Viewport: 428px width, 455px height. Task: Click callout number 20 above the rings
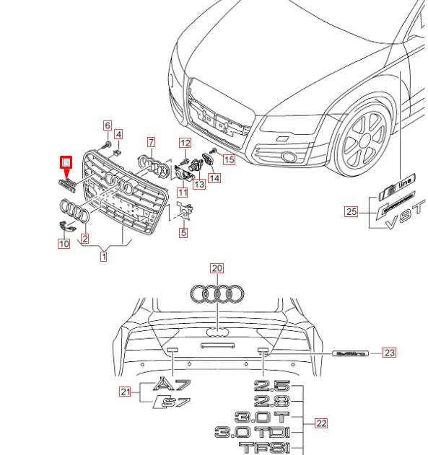point(217,268)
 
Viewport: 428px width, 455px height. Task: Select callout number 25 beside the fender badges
point(351,211)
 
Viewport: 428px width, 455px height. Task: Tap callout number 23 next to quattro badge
point(390,353)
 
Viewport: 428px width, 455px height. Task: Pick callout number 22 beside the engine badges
point(322,424)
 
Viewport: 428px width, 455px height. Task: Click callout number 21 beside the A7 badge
point(126,392)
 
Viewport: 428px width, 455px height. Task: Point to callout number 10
point(64,244)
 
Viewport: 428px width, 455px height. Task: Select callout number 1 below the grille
point(104,256)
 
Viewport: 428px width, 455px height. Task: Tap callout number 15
point(229,159)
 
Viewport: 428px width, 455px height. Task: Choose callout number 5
point(183,232)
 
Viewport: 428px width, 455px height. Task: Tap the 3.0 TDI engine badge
point(251,433)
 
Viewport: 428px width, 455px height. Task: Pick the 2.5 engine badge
point(271,386)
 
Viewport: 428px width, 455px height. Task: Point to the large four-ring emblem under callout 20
point(217,293)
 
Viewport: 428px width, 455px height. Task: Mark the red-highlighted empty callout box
point(66,162)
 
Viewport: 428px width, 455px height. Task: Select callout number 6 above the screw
point(108,125)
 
